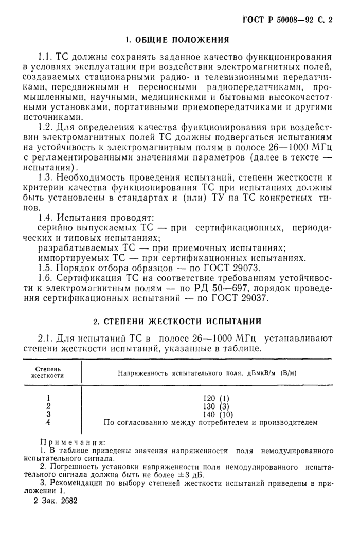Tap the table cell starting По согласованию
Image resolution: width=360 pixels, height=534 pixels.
pos(209,423)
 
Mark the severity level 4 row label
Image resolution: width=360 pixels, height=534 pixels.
pos(48,423)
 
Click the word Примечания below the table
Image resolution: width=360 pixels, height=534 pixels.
pos(72,442)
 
